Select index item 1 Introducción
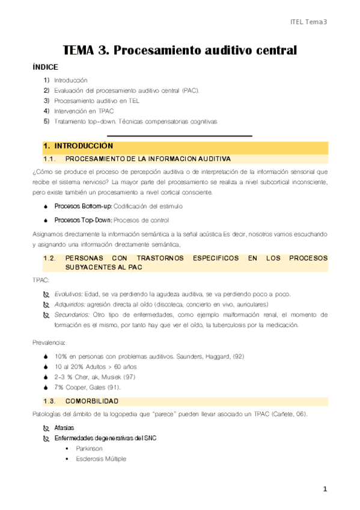[x=70, y=80]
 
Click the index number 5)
[x=46, y=121]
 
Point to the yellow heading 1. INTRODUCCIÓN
[x=78, y=146]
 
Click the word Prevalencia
[x=50, y=342]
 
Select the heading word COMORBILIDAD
[x=92, y=401]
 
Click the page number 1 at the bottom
[x=325, y=490]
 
